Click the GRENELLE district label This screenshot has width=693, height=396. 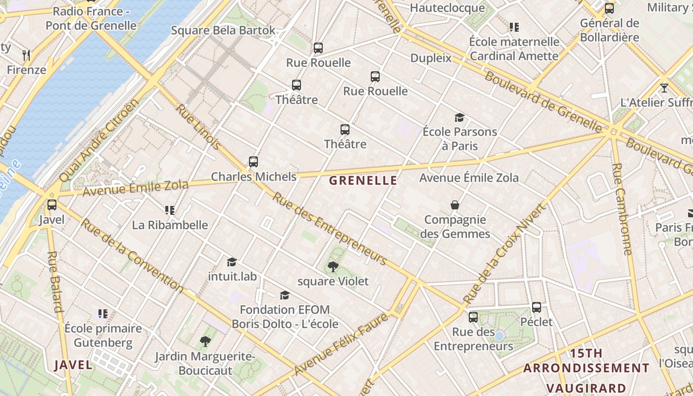coord(363,181)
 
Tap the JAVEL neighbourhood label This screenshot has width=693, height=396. coord(73,365)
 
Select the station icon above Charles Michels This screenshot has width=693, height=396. coord(253,162)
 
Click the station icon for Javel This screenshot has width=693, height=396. coord(52,204)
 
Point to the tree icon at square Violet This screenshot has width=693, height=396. coord(333,267)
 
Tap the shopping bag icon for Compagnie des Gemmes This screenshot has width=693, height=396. coord(454,205)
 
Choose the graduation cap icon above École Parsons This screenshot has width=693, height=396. coord(460,117)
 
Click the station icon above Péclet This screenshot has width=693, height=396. coord(537,307)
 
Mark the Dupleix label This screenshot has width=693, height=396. coord(431,58)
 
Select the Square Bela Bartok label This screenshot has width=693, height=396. coord(223,30)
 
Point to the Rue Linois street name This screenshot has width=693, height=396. coord(198,127)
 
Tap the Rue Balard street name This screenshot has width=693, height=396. coord(55,282)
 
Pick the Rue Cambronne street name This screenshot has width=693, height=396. coord(622,209)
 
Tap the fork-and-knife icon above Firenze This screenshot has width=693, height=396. coord(27,55)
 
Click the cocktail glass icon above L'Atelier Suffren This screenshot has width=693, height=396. coord(664,88)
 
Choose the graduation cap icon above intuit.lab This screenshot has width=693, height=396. coord(232,262)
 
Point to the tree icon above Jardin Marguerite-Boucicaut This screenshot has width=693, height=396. coord(205,341)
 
